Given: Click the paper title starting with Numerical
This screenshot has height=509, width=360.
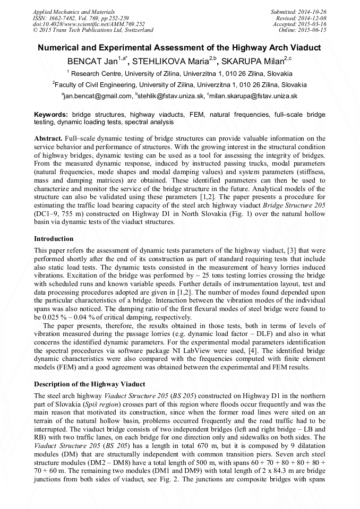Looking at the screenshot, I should click(179, 48).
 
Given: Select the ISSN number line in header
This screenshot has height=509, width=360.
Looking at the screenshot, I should click(81, 18).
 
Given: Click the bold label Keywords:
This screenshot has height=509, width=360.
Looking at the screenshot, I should click(51, 115).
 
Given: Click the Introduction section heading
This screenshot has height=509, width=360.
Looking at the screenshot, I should click(54, 239).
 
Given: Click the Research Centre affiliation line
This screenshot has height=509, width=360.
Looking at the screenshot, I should click(179, 73).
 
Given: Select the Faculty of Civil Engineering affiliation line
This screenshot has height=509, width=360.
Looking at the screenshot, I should click(179, 84).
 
